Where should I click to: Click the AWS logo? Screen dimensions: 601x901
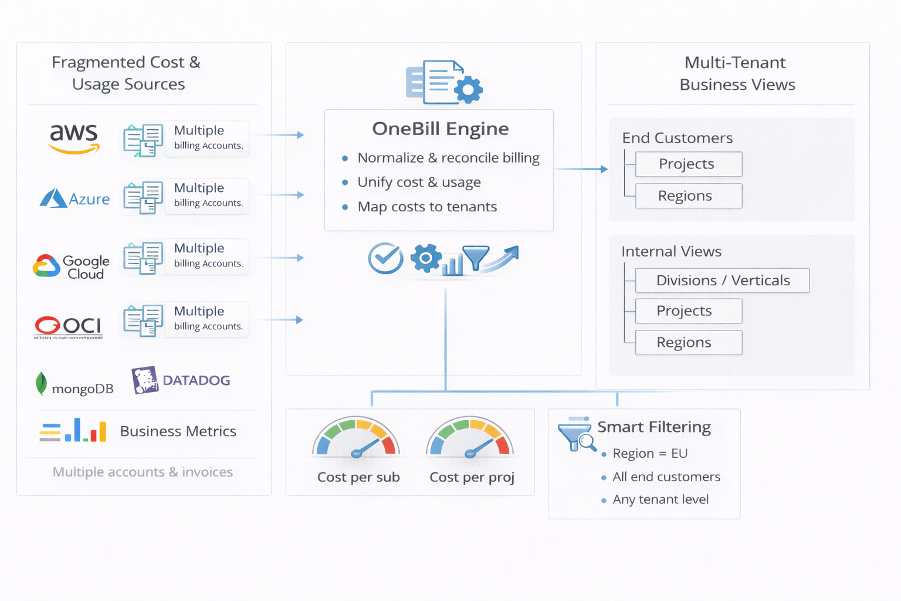coord(74,138)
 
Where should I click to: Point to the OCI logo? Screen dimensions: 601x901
coord(68,326)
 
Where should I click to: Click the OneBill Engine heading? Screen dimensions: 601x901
coord(440,129)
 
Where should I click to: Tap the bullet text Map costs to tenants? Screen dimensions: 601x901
coord(427,207)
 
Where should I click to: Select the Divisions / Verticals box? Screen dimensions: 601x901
coord(722,281)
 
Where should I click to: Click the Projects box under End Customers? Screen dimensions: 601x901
coord(688,164)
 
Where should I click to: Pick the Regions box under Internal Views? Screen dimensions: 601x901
coord(688,343)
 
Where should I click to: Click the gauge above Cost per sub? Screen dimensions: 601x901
coord(356,438)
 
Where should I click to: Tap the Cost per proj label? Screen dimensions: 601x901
coord(472,477)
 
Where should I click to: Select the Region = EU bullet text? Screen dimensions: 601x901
coord(649,454)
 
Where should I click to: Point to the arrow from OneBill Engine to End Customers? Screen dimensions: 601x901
coord(581,169)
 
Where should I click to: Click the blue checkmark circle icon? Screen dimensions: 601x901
coord(385,258)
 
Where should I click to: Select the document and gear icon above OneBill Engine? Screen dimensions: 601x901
coord(443,82)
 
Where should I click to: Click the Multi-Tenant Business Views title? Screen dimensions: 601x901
coord(737,73)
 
